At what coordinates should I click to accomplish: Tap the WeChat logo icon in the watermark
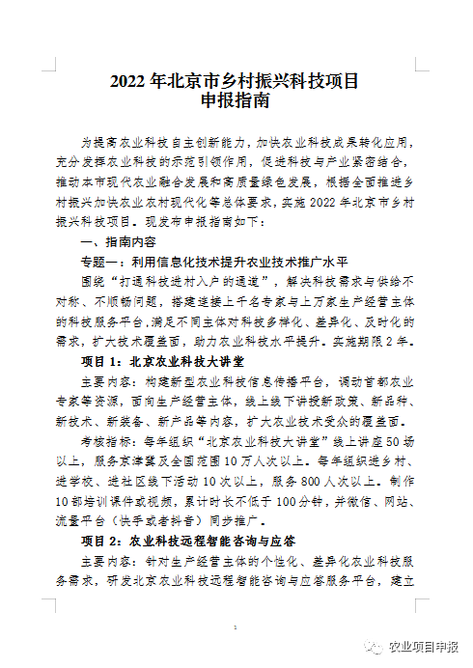tap(371, 646)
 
